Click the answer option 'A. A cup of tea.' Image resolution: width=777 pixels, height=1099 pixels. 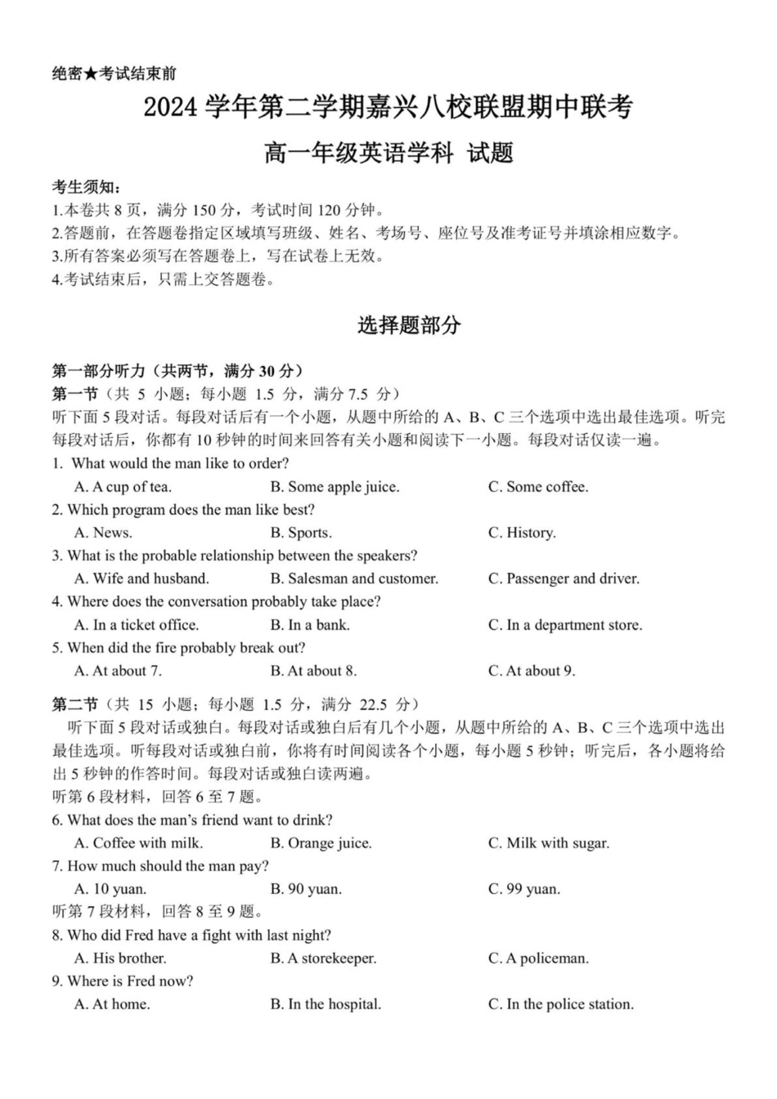[x=123, y=487]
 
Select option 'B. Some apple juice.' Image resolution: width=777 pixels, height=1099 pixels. [x=335, y=487]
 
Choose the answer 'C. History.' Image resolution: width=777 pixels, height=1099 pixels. [x=522, y=533]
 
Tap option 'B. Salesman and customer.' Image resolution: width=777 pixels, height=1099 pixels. [x=354, y=579]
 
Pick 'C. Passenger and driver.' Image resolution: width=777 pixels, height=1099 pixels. [x=564, y=579]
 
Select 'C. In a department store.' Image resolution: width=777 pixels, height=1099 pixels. [x=565, y=625]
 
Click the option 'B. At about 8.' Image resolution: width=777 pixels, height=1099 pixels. [x=313, y=671]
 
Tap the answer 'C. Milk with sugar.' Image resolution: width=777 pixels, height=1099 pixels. [x=549, y=843]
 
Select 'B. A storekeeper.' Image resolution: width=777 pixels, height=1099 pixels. [x=323, y=958]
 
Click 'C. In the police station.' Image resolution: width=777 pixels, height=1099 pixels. [x=561, y=1004]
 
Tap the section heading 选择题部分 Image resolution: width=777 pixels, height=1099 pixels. [x=409, y=325]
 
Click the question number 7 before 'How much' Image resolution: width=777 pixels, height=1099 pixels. [x=56, y=866]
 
